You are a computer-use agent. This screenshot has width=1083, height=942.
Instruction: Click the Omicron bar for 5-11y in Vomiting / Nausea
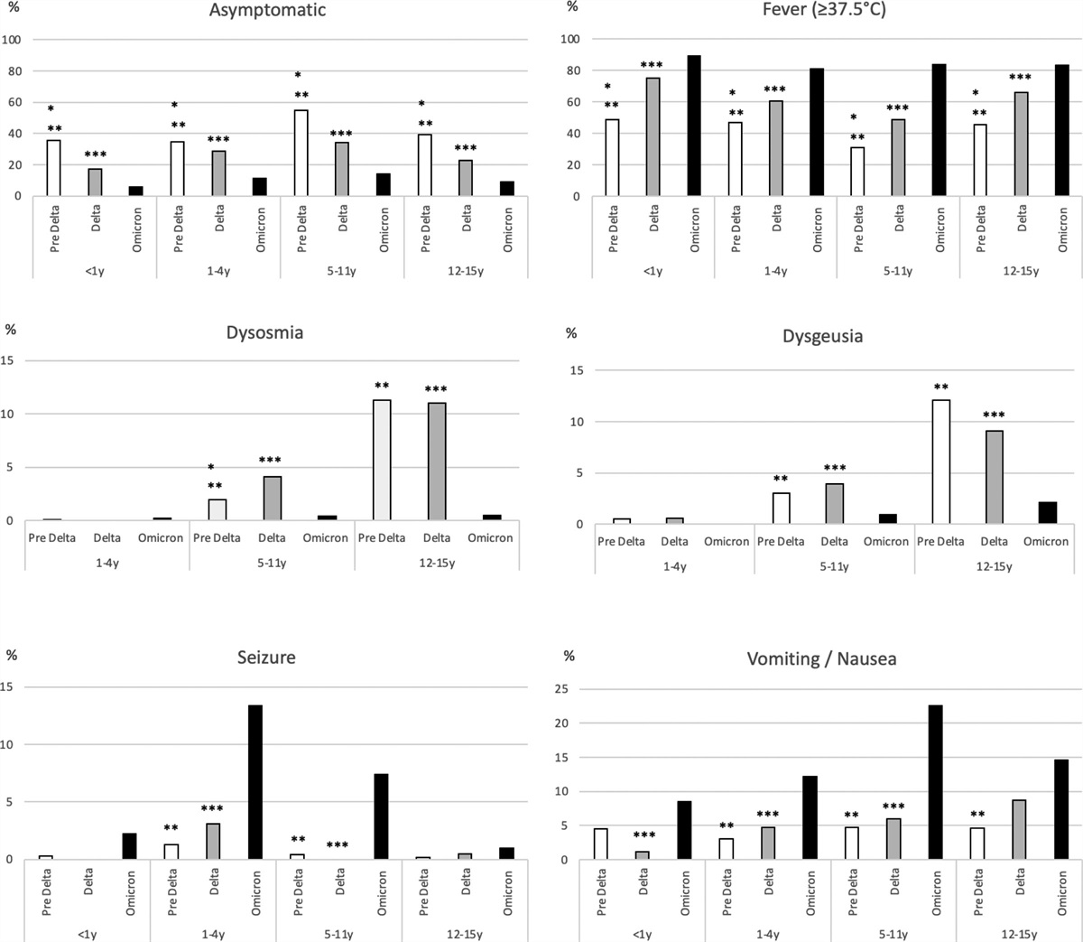(936, 782)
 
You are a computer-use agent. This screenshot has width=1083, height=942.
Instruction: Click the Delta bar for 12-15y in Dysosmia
(437, 462)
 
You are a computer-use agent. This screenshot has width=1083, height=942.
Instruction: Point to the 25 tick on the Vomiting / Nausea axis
(571, 689)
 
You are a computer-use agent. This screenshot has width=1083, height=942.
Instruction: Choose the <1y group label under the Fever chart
(653, 271)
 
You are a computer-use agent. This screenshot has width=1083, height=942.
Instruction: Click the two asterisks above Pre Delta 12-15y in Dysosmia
(382, 386)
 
